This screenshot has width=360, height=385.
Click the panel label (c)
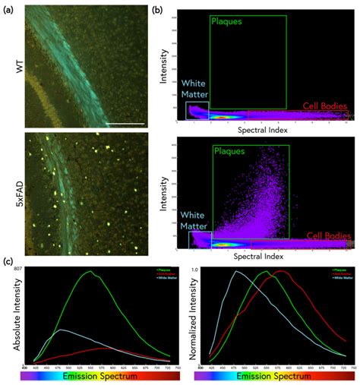9,261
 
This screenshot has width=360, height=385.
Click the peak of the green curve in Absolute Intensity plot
91,272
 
